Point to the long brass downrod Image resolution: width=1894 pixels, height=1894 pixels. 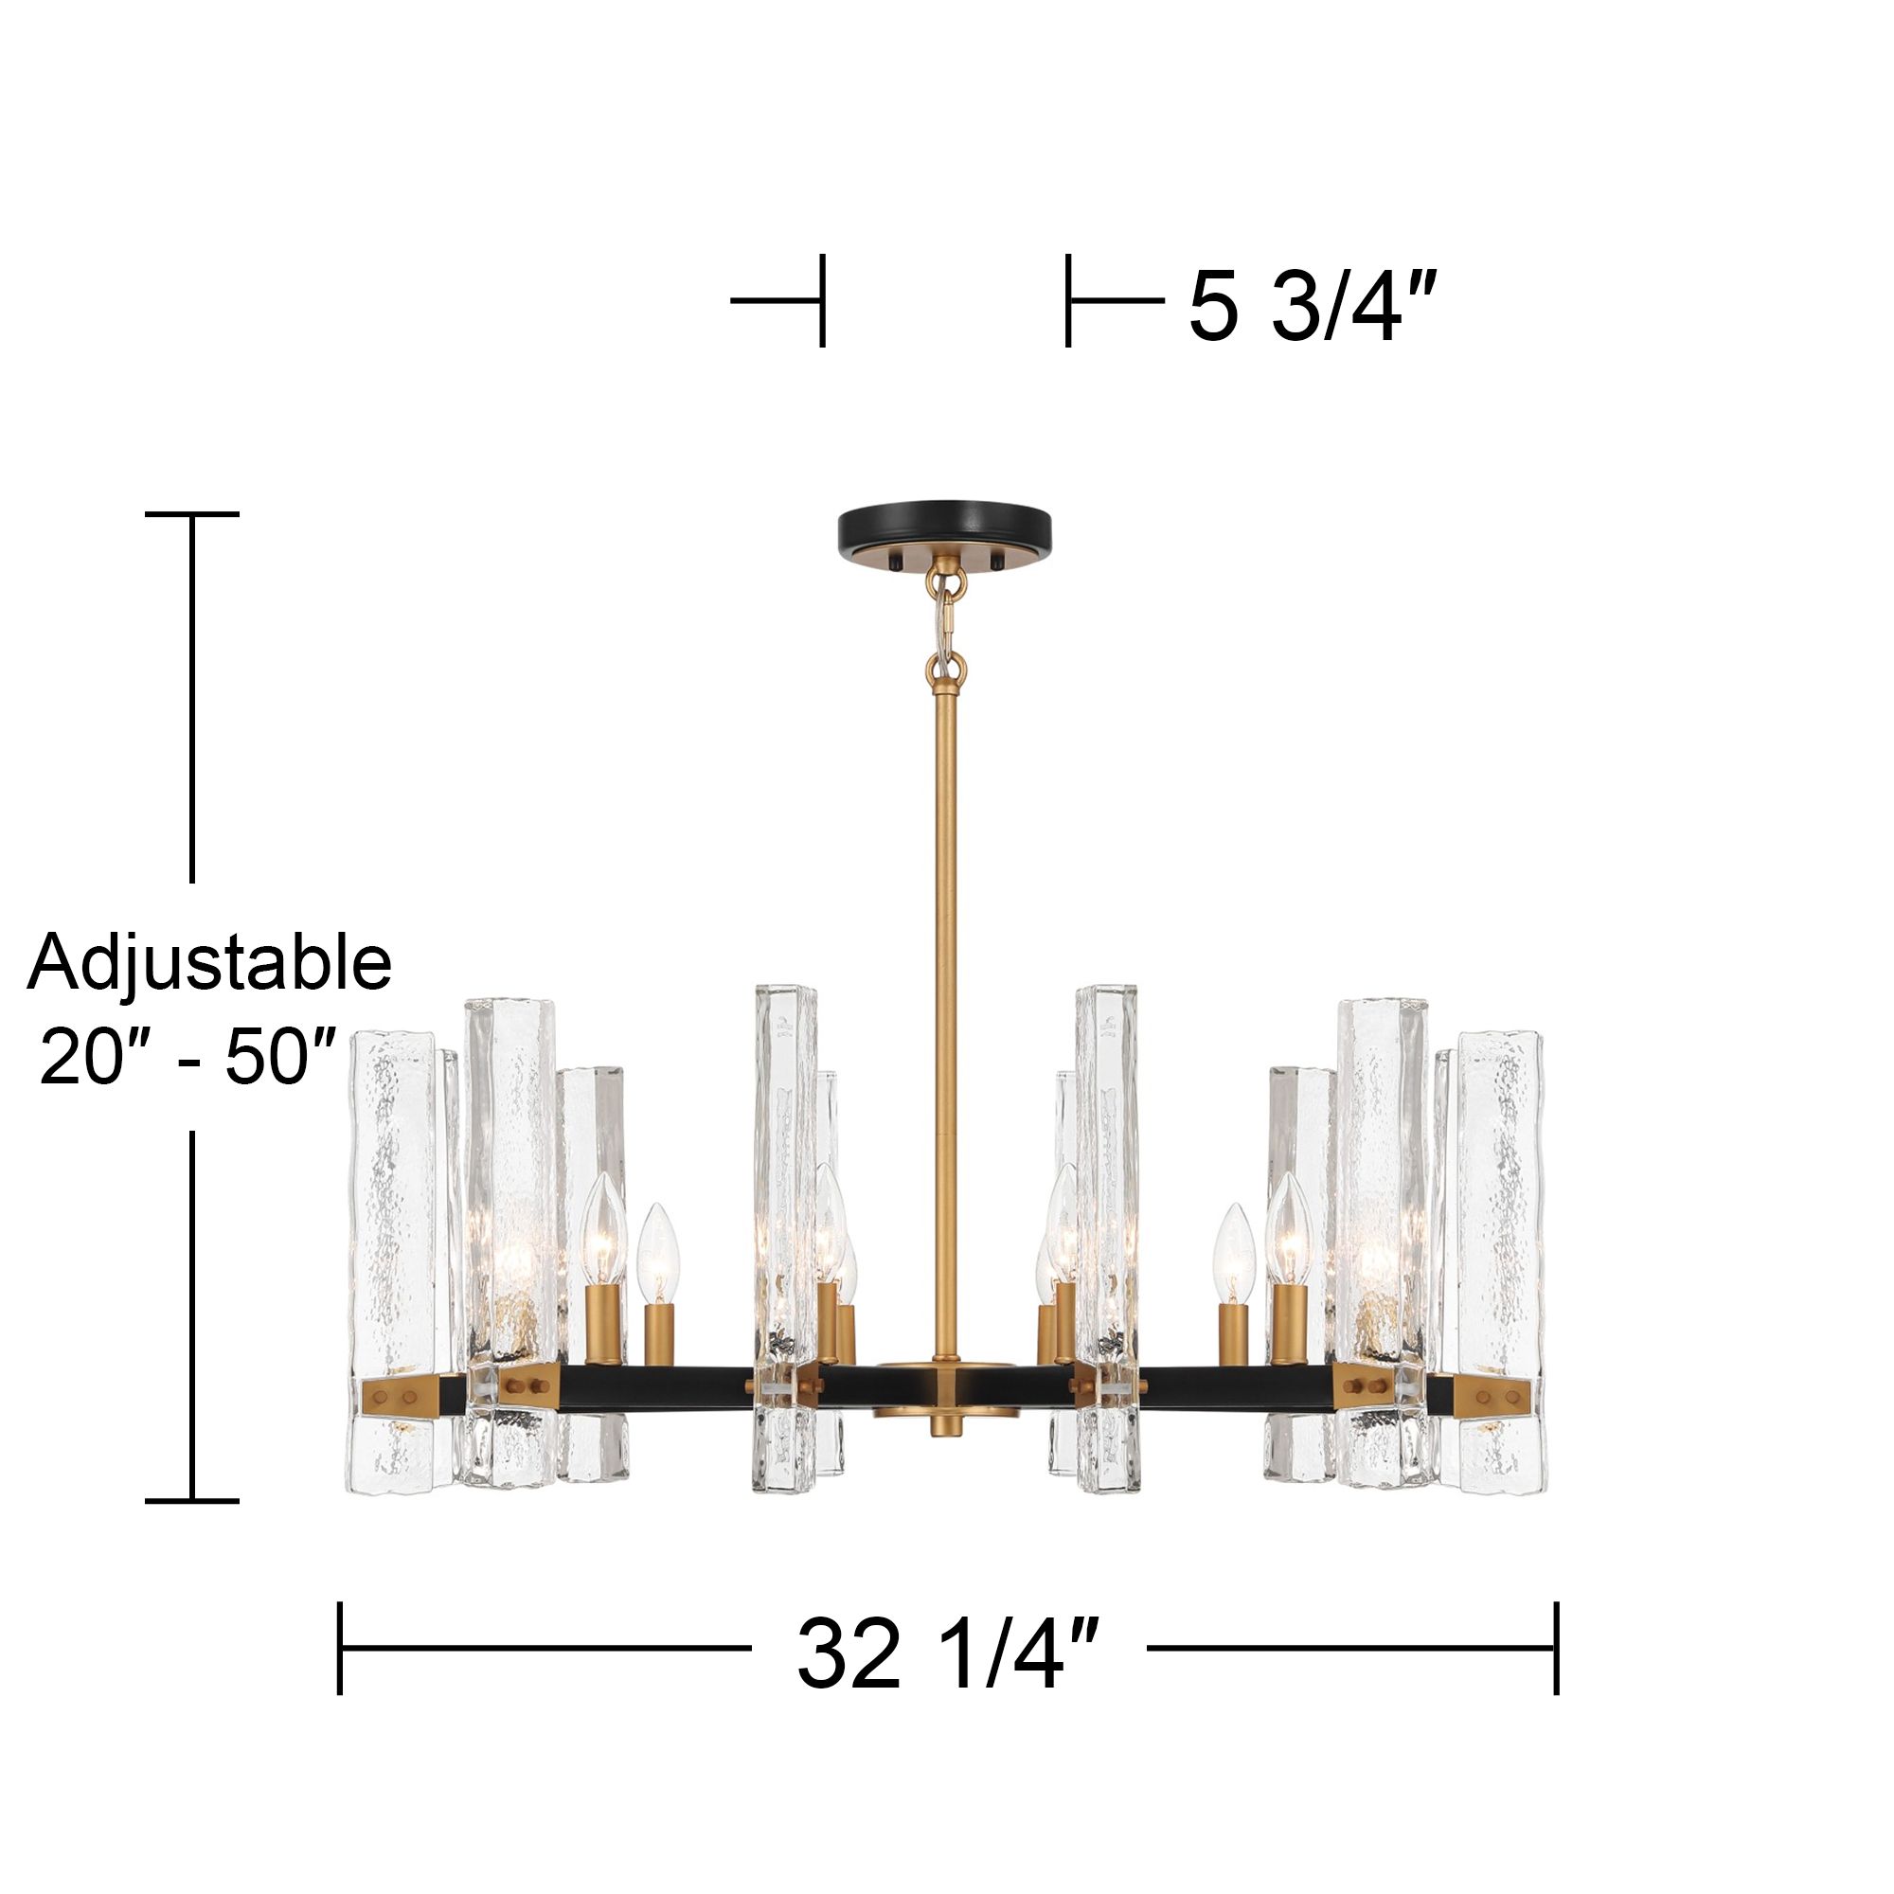pos(945,980)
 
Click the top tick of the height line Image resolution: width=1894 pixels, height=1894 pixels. pos(192,513)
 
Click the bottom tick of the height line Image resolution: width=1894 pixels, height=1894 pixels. pos(192,1500)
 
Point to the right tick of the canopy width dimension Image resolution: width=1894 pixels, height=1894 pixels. pos(1067,300)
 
